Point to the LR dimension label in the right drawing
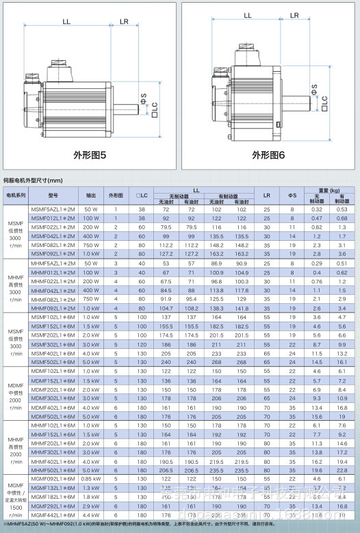pyautogui.click(x=294, y=13)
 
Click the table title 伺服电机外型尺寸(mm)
pyautogui.click(x=34, y=181)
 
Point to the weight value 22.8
pyautogui.click(x=342, y=470)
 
